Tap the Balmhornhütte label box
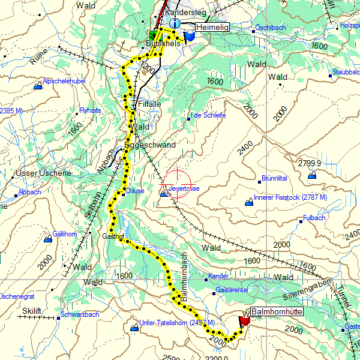point(276,312)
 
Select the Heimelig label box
point(214,26)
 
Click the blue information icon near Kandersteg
point(175,23)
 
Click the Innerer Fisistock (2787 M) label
point(290,197)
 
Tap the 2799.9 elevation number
point(310,163)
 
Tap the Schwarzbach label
point(79,314)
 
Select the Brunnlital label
point(274,178)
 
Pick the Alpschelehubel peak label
point(65,81)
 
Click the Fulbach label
point(314,218)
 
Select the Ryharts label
point(90,110)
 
